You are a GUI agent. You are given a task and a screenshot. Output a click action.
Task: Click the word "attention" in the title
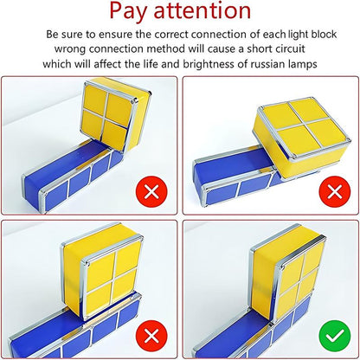[x=202, y=11]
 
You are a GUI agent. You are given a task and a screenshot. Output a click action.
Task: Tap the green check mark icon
[x=335, y=336]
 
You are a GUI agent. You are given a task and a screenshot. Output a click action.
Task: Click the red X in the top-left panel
[x=151, y=191]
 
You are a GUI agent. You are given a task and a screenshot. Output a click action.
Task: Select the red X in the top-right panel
[x=335, y=191]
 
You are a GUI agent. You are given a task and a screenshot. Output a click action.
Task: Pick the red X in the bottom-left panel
[x=151, y=336]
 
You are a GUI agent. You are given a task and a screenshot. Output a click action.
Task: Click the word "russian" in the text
[x=267, y=64]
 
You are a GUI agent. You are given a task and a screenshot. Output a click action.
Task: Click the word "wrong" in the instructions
[x=70, y=49]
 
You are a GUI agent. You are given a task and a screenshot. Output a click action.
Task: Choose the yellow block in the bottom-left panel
[x=101, y=271]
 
